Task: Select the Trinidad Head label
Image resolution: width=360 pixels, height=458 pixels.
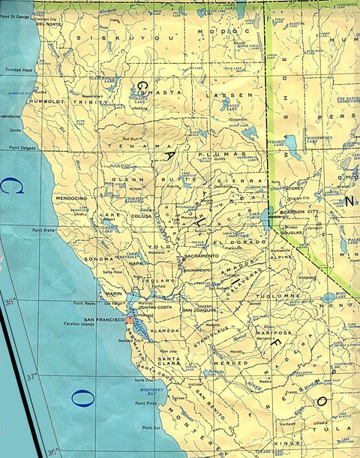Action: (16, 70)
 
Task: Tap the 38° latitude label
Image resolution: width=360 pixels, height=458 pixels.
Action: (9, 303)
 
